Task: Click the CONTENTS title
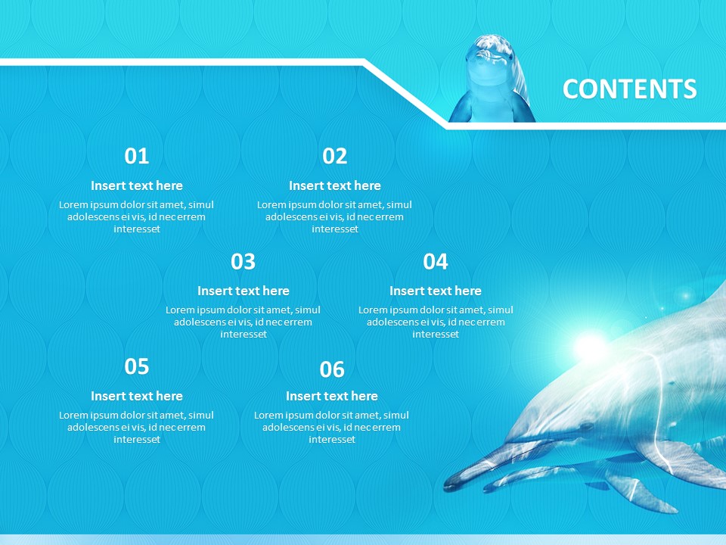629,89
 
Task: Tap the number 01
137,156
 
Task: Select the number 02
335,156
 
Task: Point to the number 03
243,262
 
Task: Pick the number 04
436,262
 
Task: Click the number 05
137,366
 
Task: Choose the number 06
332,369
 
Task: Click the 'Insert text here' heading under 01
137,186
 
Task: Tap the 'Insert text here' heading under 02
335,186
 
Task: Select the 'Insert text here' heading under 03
243,291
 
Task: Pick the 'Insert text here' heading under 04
436,291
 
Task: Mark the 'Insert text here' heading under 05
137,396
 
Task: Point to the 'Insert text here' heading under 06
332,396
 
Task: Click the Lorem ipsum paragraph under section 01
137,217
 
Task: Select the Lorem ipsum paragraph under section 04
436,322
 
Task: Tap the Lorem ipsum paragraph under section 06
332,427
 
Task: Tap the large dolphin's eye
586,425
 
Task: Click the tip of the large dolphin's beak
445,487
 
